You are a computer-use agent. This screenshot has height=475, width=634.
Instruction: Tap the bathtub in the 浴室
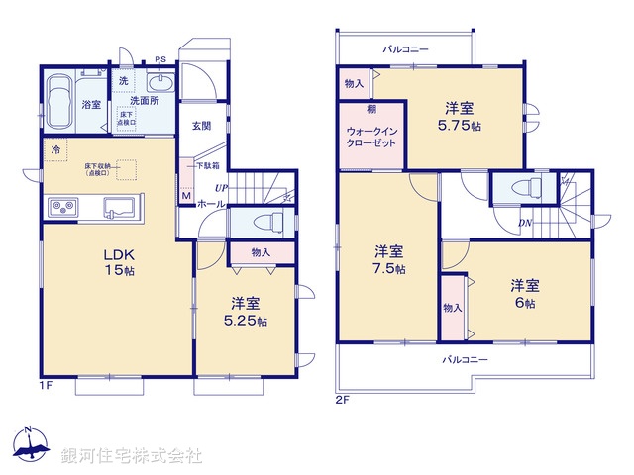click(58, 99)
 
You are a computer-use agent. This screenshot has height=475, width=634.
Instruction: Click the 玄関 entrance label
click(203, 126)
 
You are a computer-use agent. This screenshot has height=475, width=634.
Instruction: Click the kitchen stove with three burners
click(63, 207)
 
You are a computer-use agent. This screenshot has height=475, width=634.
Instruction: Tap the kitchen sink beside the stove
click(120, 207)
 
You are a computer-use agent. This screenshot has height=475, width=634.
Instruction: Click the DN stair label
click(527, 223)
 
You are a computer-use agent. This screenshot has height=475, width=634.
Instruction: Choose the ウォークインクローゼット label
click(371, 138)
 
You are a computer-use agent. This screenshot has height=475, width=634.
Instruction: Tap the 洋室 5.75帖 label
click(462, 117)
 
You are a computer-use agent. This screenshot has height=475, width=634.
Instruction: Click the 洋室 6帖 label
click(525, 294)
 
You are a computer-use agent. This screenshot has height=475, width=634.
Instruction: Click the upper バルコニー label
click(406, 47)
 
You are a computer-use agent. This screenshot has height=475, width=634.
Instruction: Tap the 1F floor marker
click(45, 384)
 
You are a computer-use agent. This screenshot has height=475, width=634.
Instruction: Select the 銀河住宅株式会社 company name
click(131, 455)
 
